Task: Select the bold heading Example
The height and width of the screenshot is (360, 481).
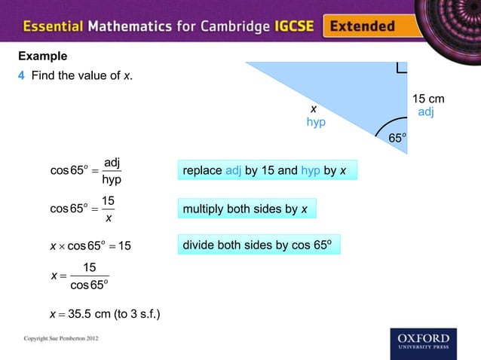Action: (42, 56)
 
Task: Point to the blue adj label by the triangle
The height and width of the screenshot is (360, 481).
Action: (426, 112)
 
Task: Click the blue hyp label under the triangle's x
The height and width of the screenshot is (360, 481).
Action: (316, 122)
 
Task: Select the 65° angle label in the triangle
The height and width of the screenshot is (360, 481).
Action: (397, 138)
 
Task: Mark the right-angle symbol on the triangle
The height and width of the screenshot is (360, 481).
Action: (400, 69)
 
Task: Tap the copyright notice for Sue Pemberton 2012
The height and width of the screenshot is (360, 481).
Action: (61, 340)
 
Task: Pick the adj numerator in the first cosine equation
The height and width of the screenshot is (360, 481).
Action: (112, 163)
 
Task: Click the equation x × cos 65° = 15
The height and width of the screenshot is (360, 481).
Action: (90, 246)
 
